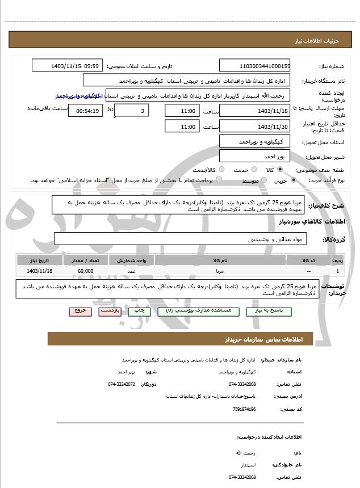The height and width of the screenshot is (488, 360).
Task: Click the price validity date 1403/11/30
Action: click(255, 127)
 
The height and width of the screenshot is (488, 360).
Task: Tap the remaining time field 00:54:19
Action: click(85, 111)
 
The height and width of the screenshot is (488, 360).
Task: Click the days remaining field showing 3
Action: click(132, 111)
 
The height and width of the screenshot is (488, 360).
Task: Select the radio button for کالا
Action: click(280, 170)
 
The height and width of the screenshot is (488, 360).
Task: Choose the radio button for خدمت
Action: click(254, 170)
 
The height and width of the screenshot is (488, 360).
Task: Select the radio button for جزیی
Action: click(293, 180)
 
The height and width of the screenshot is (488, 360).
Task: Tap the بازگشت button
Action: click(110, 312)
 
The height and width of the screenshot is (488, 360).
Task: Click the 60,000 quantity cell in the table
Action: click(86, 272)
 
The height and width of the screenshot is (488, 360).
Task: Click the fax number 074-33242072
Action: click(122, 384)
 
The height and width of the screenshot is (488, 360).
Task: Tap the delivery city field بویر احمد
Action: click(255, 155)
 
